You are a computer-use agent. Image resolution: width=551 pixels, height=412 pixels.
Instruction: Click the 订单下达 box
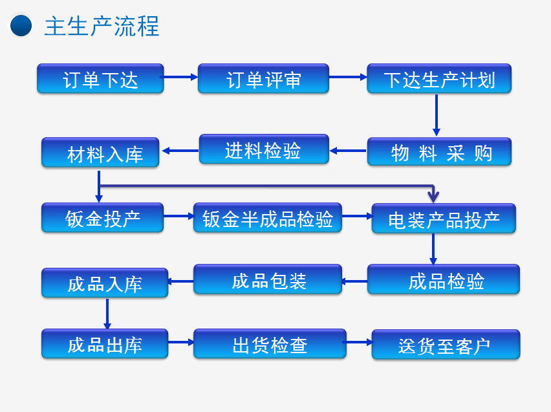coord(100,78)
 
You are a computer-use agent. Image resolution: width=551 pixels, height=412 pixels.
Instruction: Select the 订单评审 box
coord(264,78)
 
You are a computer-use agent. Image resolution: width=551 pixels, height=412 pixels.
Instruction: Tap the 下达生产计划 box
coord(439,78)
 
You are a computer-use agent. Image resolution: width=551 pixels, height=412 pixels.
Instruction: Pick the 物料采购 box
coord(439,151)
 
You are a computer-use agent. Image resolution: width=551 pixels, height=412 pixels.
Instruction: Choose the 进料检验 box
coord(264,149)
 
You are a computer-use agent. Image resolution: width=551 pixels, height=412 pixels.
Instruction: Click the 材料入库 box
coord(100,152)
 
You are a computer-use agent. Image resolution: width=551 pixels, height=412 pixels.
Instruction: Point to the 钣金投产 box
coord(102,217)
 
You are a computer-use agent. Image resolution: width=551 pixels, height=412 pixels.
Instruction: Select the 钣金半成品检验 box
coord(268,217)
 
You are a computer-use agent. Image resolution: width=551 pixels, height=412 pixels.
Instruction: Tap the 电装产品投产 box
coord(444,219)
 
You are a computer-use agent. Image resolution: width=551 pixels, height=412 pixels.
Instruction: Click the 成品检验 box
coord(444,279)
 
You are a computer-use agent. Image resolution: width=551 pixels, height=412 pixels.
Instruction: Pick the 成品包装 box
coord(268,279)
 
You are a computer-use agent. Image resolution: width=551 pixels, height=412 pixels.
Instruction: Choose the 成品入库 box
coord(105,283)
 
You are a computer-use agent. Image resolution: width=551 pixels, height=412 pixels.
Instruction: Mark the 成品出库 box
coord(105,344)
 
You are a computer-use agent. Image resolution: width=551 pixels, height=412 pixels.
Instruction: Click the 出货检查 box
coord(270,344)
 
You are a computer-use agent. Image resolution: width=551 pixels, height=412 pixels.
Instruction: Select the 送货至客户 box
coord(446,345)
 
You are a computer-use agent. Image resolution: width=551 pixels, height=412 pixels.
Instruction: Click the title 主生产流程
coord(102,26)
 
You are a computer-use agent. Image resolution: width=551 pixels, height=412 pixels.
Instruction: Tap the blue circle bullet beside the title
coord(21,25)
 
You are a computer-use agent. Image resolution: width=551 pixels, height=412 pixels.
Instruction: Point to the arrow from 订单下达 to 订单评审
coord(179,77)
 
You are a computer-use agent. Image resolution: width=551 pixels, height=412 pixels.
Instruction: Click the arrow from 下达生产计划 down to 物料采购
coord(437,115)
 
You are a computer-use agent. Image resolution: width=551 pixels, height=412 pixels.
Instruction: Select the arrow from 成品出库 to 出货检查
coord(180,342)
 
